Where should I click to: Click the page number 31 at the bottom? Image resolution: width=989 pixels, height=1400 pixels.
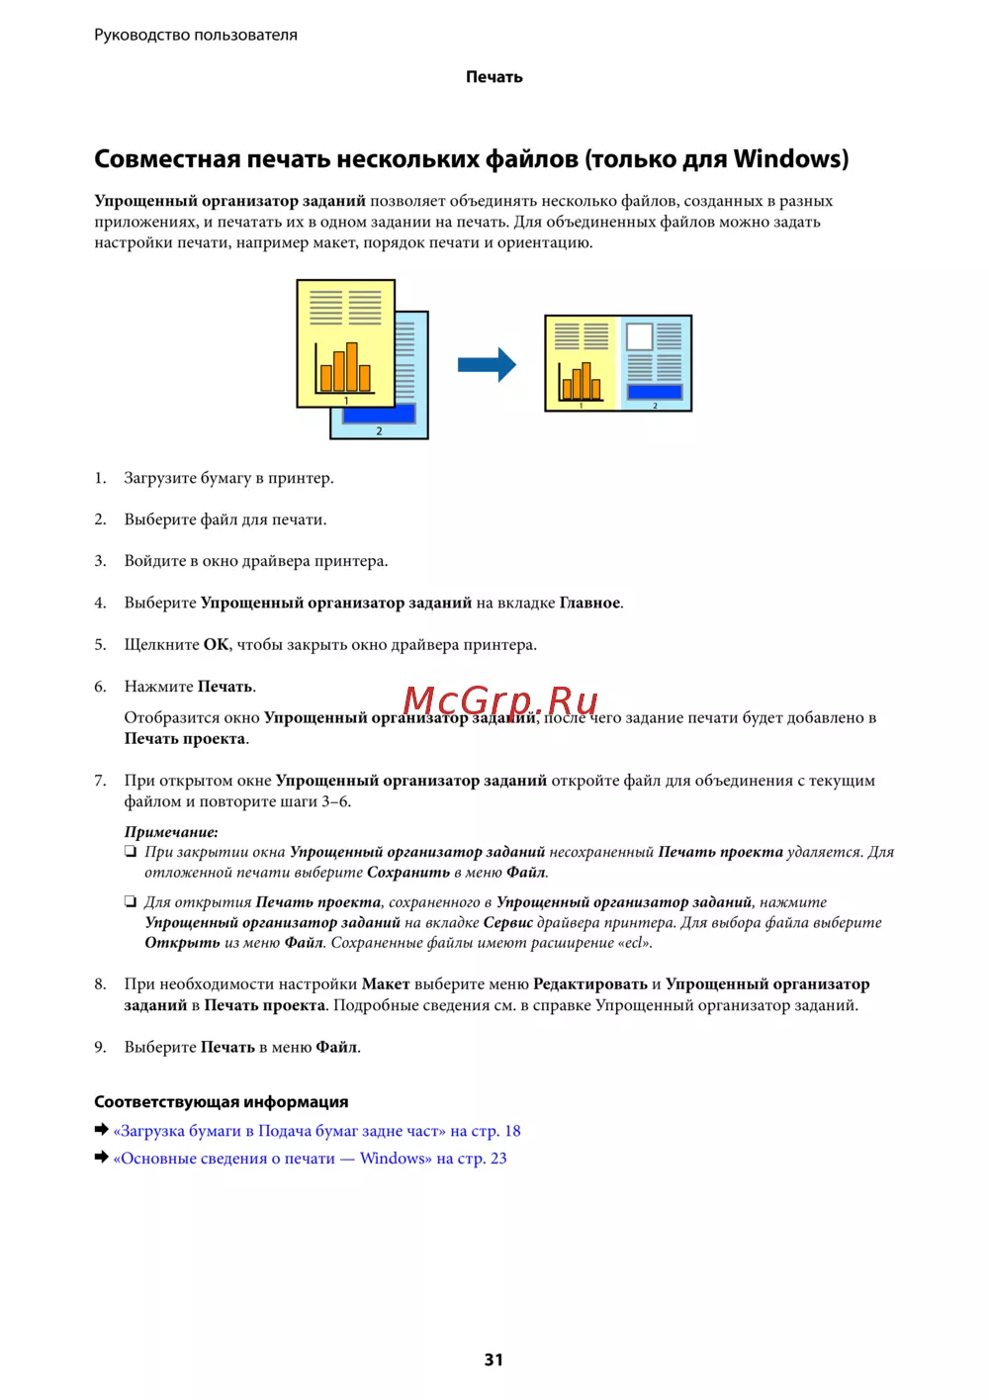(494, 1359)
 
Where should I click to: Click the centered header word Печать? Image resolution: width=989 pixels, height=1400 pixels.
(494, 77)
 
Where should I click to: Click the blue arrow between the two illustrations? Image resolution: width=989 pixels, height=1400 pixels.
(487, 365)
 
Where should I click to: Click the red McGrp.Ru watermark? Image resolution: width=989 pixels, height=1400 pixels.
(500, 700)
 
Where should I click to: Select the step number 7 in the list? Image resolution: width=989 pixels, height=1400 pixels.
(100, 781)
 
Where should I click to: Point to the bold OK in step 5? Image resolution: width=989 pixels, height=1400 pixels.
(216, 645)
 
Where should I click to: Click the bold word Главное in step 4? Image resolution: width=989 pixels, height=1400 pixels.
(589, 603)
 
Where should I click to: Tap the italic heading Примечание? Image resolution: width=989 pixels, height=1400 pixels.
(171, 832)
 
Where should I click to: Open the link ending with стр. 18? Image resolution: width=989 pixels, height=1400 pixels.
(316, 1131)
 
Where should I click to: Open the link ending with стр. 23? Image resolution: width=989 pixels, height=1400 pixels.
(310, 1159)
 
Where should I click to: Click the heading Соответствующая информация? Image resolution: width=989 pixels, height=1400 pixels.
(221, 1102)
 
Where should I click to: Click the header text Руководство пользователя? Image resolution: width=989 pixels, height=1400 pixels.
(196, 35)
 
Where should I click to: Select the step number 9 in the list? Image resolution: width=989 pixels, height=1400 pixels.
(100, 1047)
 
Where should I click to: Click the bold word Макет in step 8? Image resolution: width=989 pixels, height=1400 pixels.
(386, 984)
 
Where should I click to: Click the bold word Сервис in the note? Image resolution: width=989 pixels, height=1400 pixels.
(508, 922)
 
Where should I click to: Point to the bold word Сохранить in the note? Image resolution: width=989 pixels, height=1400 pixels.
(408, 873)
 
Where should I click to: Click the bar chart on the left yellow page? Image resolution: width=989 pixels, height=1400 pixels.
(343, 369)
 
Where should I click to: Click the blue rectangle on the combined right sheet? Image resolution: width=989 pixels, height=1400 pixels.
(655, 393)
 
